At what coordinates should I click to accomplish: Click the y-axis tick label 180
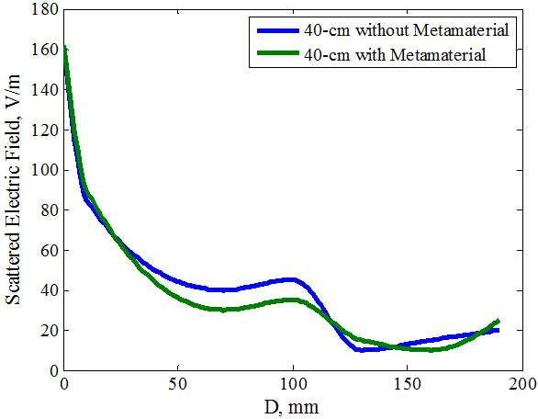click(x=45, y=9)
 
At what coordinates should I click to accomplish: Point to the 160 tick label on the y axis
click(x=45, y=50)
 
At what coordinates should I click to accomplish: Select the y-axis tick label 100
click(x=45, y=170)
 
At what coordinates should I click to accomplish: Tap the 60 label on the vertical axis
click(x=50, y=250)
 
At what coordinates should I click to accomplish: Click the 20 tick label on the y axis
click(x=50, y=331)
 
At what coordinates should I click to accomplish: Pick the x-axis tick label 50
click(x=178, y=384)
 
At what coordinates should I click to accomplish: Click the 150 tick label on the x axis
click(x=407, y=384)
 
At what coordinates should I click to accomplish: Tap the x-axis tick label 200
click(x=522, y=384)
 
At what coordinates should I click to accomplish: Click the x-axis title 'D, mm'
click(x=291, y=407)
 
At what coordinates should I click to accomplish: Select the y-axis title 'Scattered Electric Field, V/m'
click(x=14, y=189)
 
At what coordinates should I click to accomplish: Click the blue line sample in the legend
click(x=278, y=30)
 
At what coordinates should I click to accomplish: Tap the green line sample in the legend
click(x=278, y=53)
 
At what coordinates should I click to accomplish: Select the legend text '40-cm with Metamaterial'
click(x=395, y=54)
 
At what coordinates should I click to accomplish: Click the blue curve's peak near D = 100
click(x=292, y=280)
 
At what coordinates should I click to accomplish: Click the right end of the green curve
click(x=499, y=321)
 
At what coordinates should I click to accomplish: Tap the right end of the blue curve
click(x=498, y=331)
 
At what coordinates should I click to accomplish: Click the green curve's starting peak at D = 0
click(x=64, y=47)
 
